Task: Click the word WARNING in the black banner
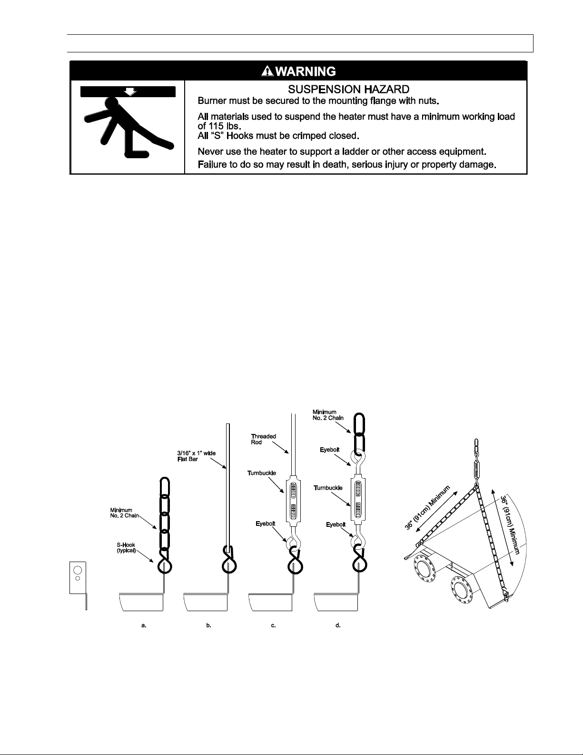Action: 306,71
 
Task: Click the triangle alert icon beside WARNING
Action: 267,71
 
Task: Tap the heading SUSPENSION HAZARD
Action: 348,89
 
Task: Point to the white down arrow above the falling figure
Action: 130,91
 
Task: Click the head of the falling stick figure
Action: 112,103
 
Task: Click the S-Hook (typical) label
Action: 126,548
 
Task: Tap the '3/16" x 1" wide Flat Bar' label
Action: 197,456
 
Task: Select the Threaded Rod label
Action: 263,439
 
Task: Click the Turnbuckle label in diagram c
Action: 262,473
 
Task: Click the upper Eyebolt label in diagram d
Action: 330,450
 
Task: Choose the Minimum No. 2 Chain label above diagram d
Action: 328,415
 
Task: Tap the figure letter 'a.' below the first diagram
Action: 144,625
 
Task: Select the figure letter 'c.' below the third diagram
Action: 274,625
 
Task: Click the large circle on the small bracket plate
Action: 78,570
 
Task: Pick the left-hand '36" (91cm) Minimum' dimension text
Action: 427,508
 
